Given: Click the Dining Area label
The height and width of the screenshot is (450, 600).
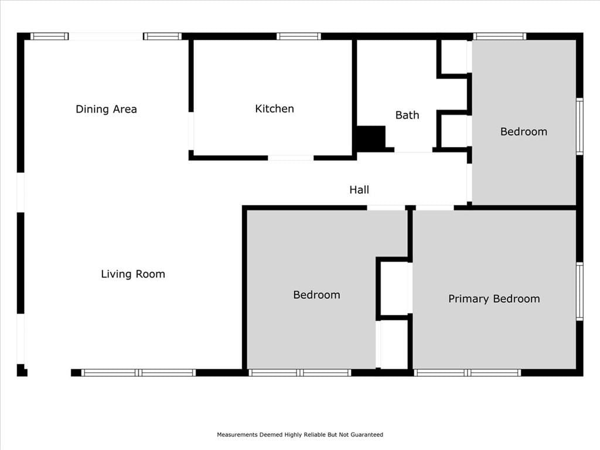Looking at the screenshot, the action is (106, 109).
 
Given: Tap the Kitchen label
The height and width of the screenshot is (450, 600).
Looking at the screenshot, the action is (274, 108).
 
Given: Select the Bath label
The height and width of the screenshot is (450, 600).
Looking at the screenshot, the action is (407, 115).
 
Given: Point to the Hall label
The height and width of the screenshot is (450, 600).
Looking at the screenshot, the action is (359, 190).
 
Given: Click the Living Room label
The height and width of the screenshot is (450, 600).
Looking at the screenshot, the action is (133, 274).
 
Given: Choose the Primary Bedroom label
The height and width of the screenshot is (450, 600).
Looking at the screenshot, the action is (494, 299).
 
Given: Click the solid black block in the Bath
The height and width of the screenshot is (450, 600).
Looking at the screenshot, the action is (371, 138).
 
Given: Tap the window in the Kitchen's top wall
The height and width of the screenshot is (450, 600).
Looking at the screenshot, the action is (299, 36).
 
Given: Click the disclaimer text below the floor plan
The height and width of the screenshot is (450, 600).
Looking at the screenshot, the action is (300, 435).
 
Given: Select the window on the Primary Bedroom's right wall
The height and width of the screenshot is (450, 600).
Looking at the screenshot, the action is (579, 291).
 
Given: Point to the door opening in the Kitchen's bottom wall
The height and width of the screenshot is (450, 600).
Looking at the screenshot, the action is (291, 158).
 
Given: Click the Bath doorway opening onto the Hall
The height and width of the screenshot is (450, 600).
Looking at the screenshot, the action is (414, 150).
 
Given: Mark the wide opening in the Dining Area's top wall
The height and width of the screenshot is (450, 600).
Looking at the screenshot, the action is (106, 36).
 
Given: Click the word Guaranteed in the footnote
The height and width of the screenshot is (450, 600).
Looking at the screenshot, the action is (367, 435).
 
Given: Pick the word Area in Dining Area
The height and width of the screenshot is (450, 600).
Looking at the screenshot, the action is (124, 109).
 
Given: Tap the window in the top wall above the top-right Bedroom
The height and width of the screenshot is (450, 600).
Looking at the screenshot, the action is (500, 36).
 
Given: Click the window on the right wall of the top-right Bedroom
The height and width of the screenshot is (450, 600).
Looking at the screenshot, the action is (579, 127).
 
